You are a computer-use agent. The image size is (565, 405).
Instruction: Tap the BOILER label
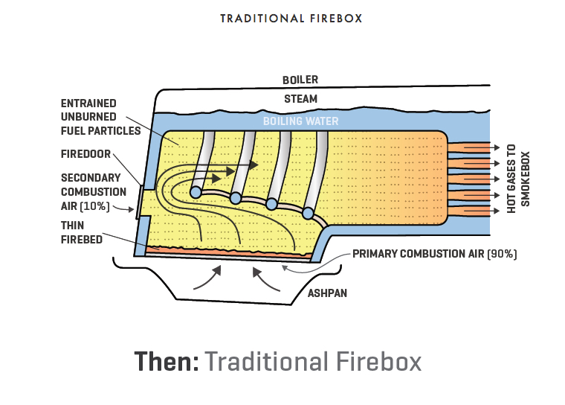tap(299, 80)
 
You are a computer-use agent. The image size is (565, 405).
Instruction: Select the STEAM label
tap(300, 98)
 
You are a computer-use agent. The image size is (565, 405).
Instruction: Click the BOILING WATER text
tap(301, 121)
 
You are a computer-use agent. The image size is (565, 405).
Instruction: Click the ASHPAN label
tap(328, 293)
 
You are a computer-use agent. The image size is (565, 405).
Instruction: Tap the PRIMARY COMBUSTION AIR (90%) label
tap(434, 254)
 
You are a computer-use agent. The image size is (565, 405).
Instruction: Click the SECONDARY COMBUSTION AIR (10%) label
tap(91, 191)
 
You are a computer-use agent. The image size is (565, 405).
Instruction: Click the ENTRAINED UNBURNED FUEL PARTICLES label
tap(100, 117)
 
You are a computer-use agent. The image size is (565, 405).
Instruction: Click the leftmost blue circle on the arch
tap(196, 192)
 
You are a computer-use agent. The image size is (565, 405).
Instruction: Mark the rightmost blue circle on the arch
tap(308, 214)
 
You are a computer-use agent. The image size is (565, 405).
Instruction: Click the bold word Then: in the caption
tap(166, 362)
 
